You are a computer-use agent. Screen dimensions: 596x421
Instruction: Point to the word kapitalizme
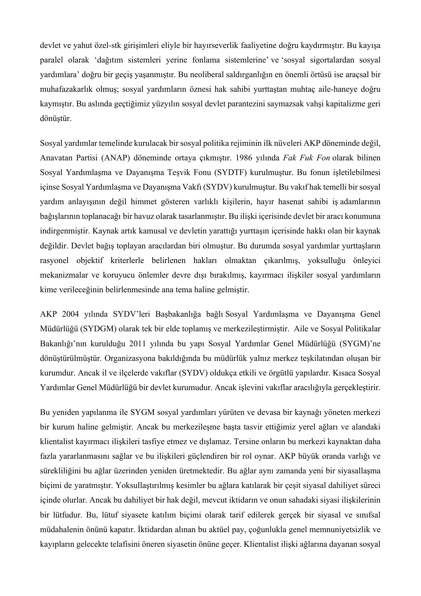[x=345, y=104]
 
